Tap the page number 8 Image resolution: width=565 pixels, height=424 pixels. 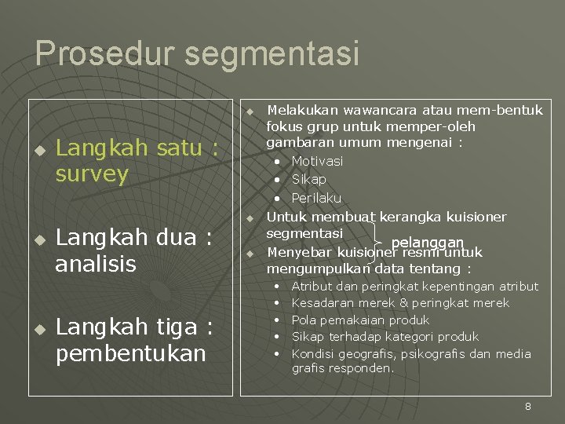pos(528,406)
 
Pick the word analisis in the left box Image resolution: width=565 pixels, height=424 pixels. pos(96,263)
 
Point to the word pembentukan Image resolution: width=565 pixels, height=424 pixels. pos(130,353)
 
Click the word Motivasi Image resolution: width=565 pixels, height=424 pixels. pos(317,161)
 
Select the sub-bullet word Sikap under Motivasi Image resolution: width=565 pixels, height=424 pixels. pos(308,179)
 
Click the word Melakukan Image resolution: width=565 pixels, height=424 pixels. pos(297,110)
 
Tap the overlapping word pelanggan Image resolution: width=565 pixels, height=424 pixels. pos(428,243)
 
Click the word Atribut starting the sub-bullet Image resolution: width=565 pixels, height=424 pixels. pos(312,287)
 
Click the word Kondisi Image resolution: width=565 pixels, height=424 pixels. pos(312,354)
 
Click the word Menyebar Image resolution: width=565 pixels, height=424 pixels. pos(300,253)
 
